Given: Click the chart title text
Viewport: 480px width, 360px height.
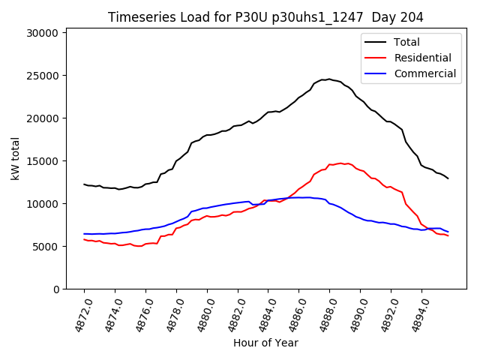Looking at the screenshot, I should click(x=265, y=17).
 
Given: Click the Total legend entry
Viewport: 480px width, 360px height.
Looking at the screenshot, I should click(x=407, y=42).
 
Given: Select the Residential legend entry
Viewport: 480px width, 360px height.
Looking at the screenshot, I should click(x=423, y=58).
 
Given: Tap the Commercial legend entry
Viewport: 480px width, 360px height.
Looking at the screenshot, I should click(x=424, y=73).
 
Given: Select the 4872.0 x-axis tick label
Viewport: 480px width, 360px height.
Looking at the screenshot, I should click(x=79, y=316).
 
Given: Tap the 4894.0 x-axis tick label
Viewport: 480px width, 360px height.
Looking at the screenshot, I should click(x=417, y=316).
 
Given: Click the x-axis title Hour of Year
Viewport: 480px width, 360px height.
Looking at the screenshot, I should click(x=265, y=343).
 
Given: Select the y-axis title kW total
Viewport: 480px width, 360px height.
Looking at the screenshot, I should click(x=15, y=158).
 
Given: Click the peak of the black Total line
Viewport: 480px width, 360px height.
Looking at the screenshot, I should click(x=328, y=79).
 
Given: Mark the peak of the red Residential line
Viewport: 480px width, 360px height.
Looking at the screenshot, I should click(x=341, y=163).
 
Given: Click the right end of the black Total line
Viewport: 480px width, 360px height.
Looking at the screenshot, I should click(x=448, y=178).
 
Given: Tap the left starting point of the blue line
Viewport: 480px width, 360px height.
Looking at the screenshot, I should click(x=84, y=234).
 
